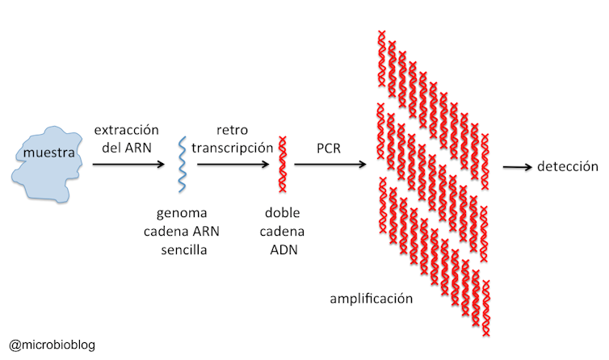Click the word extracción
pos(126,129)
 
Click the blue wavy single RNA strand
pos(183,165)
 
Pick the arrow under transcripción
pos(233,165)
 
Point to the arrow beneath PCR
pos(326,165)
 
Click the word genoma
pos(183,214)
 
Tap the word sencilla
pos(183,249)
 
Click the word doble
pos(283,214)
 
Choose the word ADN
pos(283,249)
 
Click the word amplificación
pos(372,299)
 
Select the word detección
pos(568,166)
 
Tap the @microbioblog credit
pos(52,345)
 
